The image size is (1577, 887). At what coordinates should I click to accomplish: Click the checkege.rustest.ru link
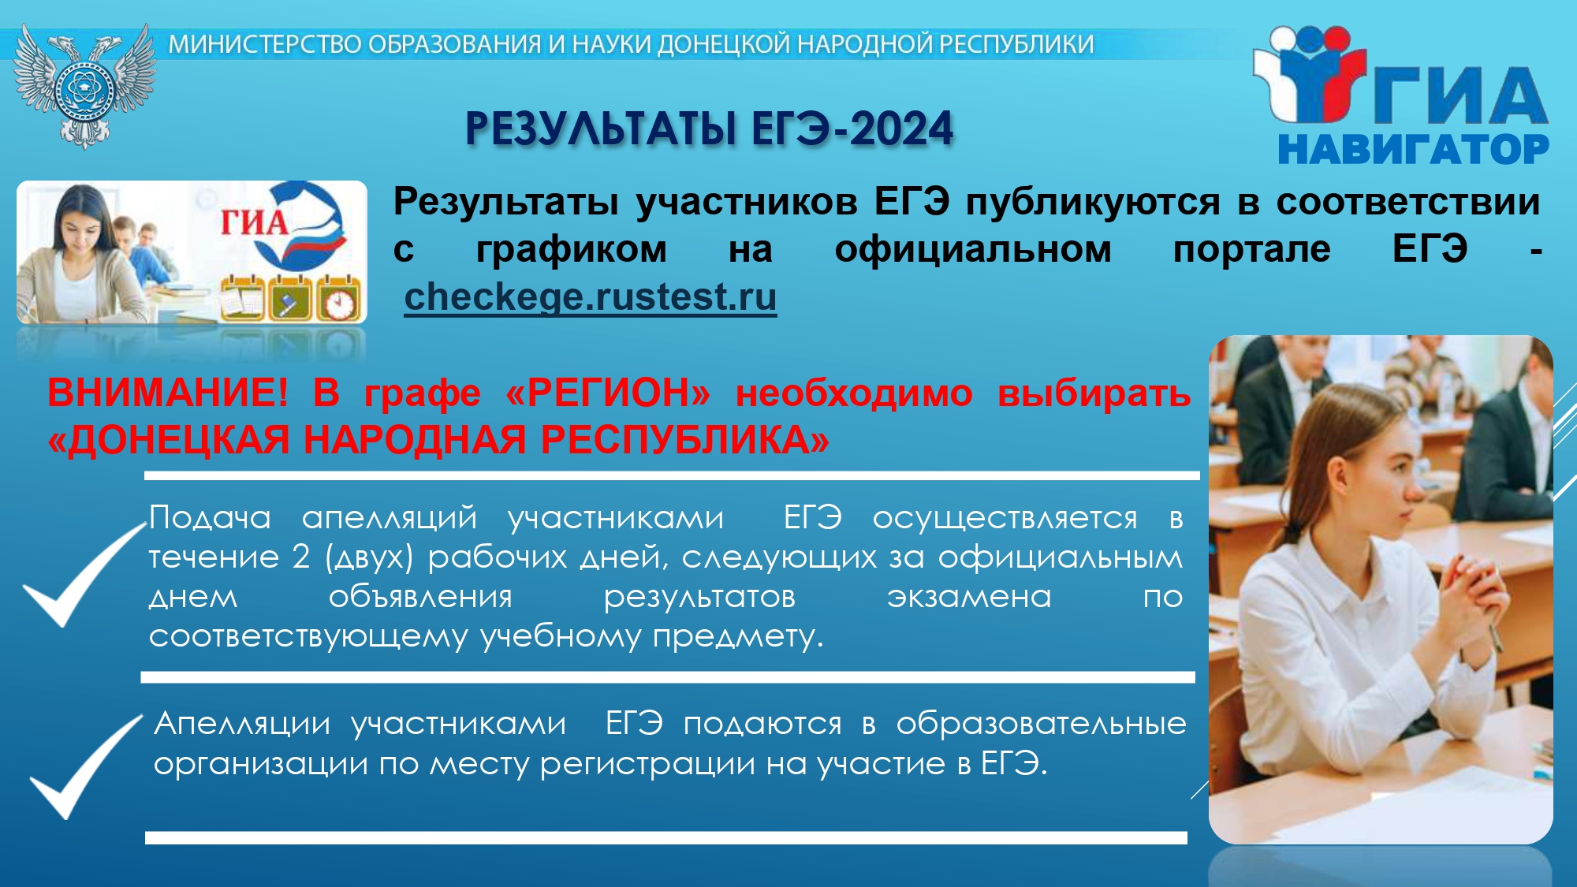[591, 297]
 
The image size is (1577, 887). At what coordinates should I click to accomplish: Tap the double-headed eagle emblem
[84, 85]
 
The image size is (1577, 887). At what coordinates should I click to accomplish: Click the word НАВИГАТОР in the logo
[1413, 149]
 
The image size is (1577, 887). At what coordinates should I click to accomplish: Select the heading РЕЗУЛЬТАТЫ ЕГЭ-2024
[709, 129]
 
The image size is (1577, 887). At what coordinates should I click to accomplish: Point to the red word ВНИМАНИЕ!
[168, 393]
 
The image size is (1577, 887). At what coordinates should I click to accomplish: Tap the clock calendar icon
[339, 297]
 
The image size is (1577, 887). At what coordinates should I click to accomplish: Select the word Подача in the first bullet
[210, 518]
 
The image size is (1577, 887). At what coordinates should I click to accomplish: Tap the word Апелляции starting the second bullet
[242, 724]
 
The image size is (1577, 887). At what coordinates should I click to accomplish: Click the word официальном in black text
[973, 249]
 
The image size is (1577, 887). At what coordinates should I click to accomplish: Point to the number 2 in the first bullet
[300, 557]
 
